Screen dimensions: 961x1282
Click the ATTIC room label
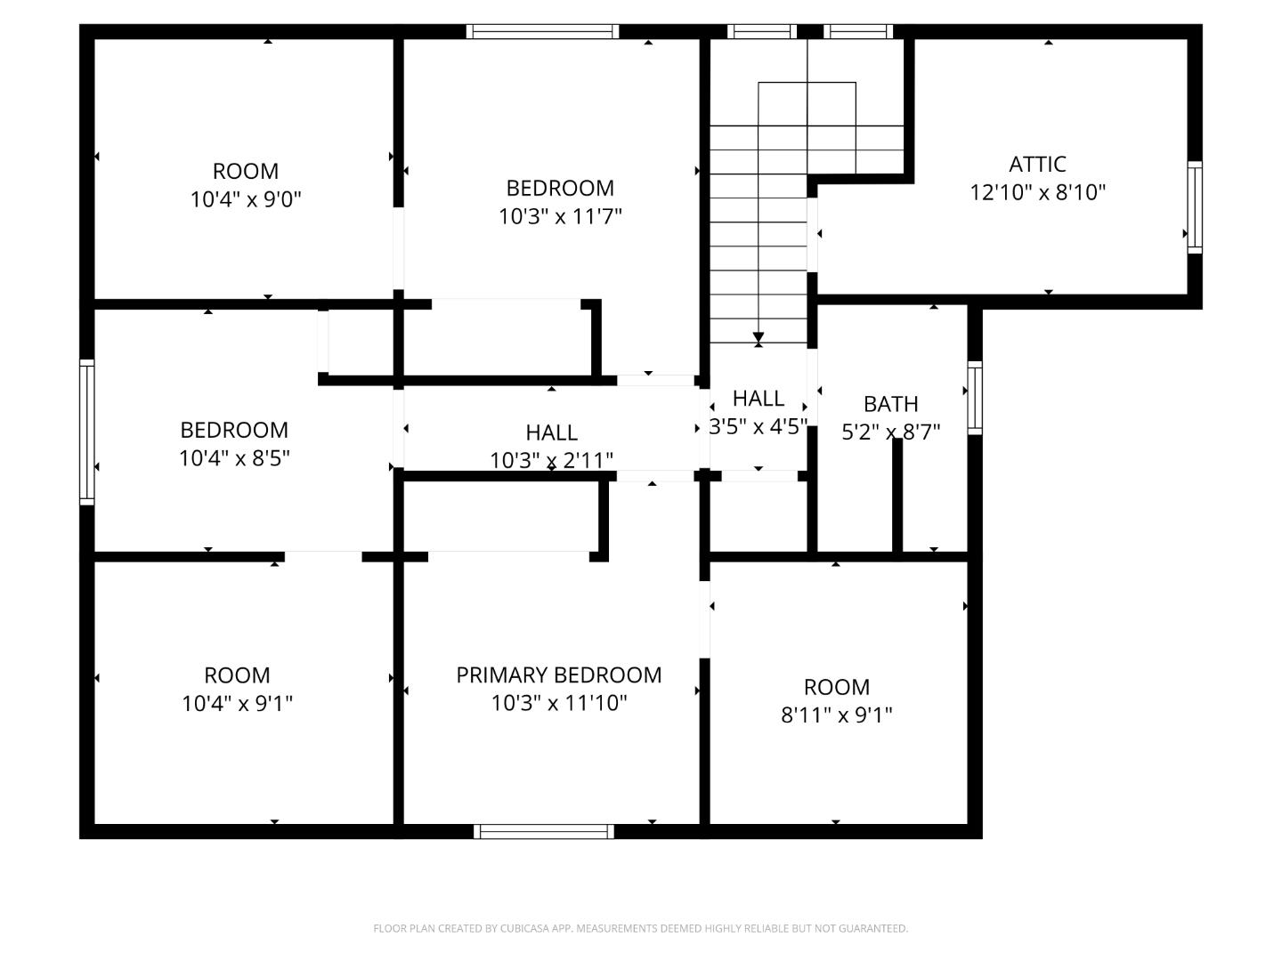(x=1037, y=165)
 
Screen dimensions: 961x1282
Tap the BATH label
(x=890, y=404)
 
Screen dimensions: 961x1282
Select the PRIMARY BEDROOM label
(x=558, y=675)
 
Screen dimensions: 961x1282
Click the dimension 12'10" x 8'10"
(x=1037, y=192)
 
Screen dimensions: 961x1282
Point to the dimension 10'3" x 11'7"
(x=559, y=216)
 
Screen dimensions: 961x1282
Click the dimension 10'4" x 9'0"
(x=246, y=199)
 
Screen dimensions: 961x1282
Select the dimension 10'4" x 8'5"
(x=234, y=458)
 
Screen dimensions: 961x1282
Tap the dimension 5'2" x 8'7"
(x=890, y=432)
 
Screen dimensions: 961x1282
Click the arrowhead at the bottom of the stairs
(x=759, y=339)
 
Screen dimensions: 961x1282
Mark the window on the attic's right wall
(x=1195, y=207)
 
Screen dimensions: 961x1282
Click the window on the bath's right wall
(x=975, y=398)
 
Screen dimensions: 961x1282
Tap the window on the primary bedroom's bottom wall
(x=544, y=831)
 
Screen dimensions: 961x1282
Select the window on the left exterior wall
(x=87, y=432)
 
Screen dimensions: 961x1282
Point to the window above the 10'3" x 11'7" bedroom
(x=543, y=32)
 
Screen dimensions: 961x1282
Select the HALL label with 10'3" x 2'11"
(x=551, y=432)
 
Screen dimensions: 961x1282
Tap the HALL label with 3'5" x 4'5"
(x=759, y=399)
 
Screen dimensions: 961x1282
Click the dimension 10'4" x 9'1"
(x=237, y=704)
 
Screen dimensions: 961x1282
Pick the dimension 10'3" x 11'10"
(x=558, y=703)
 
